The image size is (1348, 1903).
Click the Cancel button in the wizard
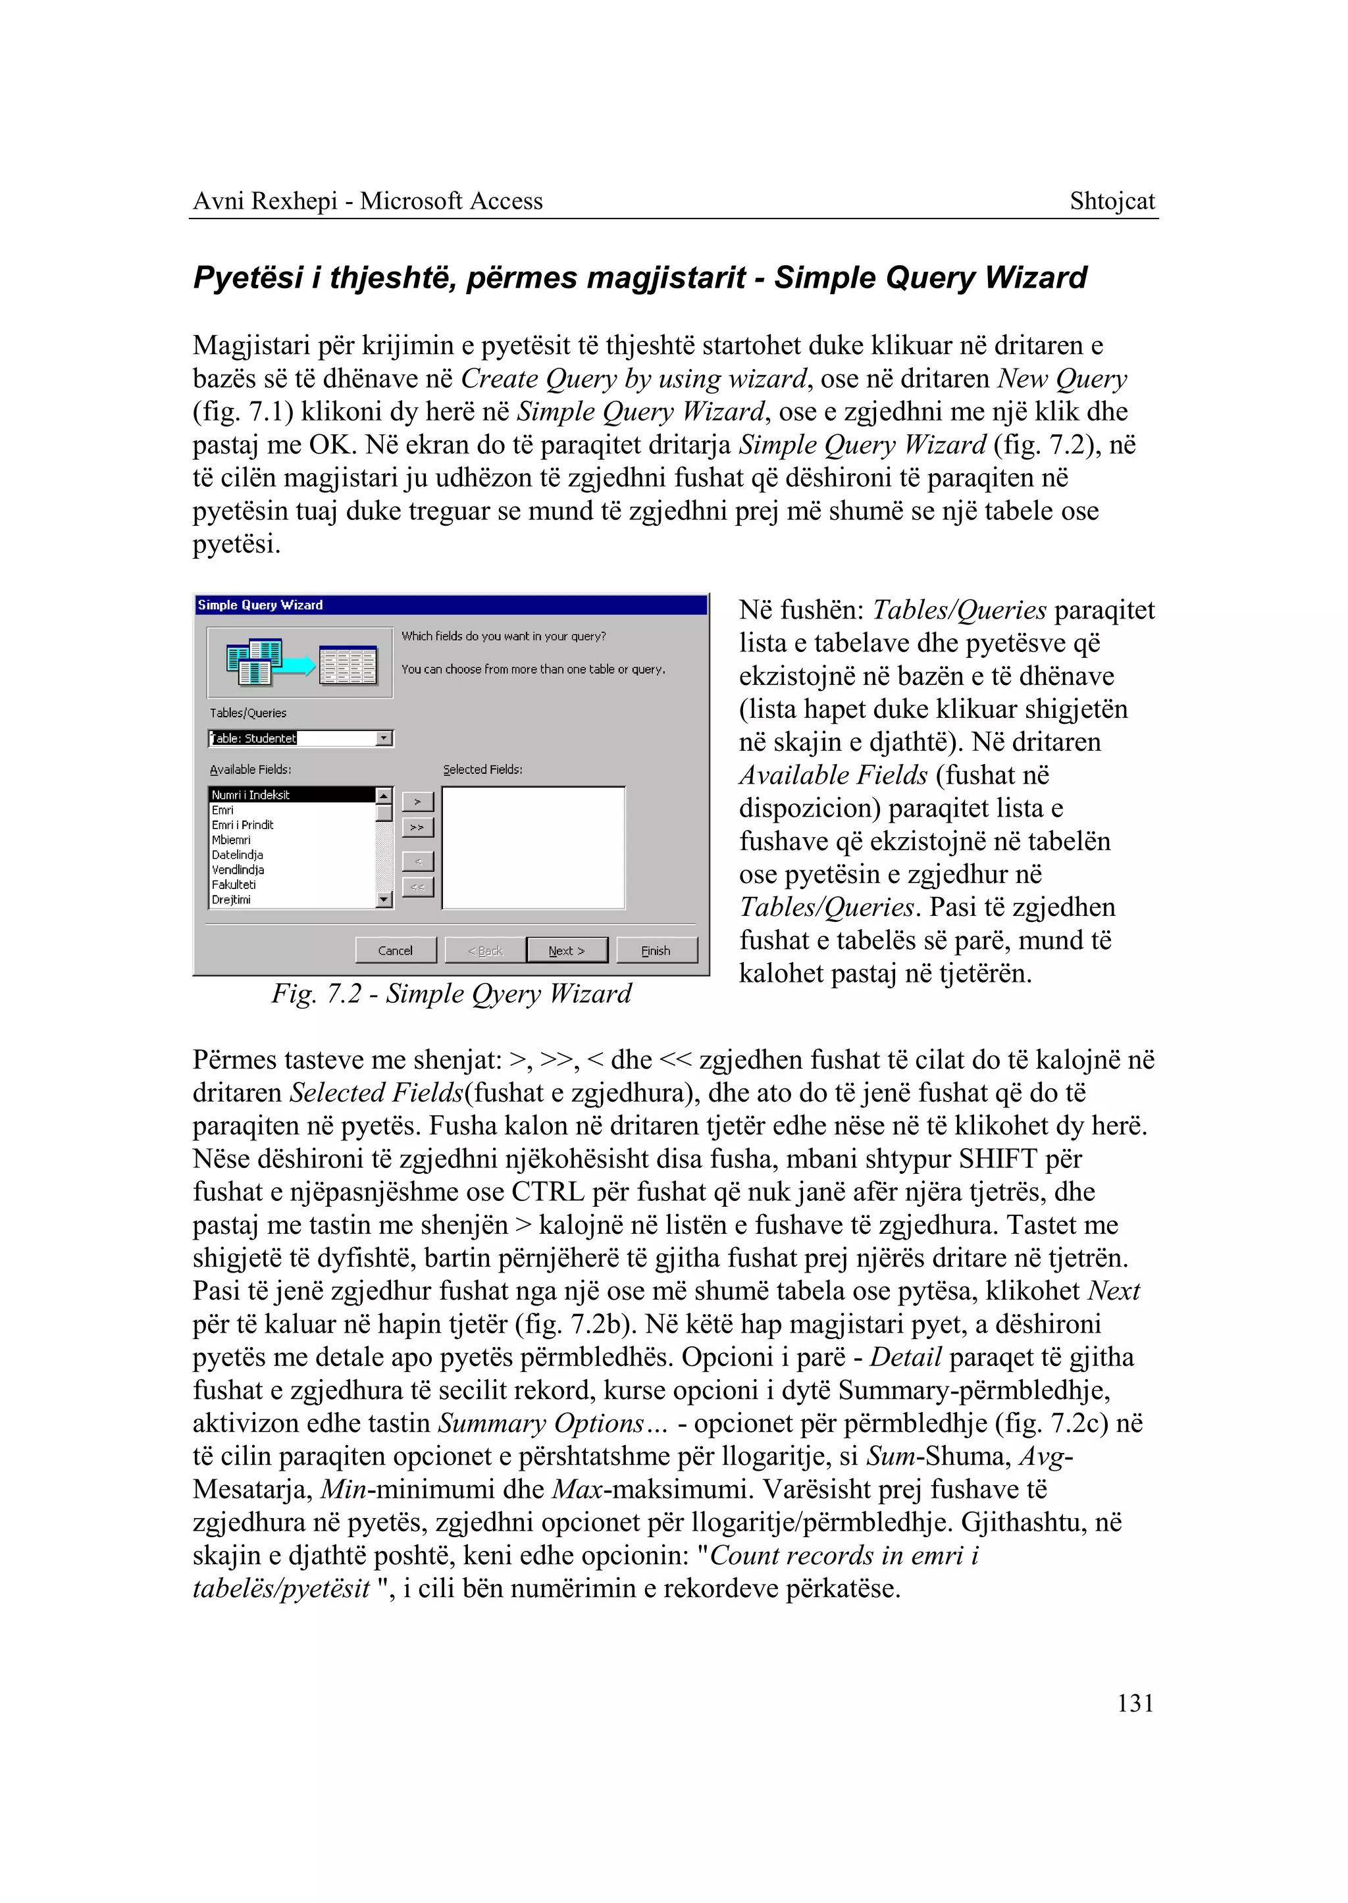[395, 950]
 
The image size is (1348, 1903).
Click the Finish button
[656, 950]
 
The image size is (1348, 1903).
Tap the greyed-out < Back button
[484, 950]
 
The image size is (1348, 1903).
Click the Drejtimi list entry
[231, 900]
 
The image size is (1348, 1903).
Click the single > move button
[417, 801]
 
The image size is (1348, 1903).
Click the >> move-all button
[417, 827]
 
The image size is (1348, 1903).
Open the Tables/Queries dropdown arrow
[384, 738]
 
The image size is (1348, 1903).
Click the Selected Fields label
[482, 769]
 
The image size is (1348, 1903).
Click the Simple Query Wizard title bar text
[260, 605]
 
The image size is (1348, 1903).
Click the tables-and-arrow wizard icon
[299, 662]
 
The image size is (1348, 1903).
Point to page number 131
[1135, 1703]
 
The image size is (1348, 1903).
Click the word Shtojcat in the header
[1112, 201]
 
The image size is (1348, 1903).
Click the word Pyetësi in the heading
[247, 277]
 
